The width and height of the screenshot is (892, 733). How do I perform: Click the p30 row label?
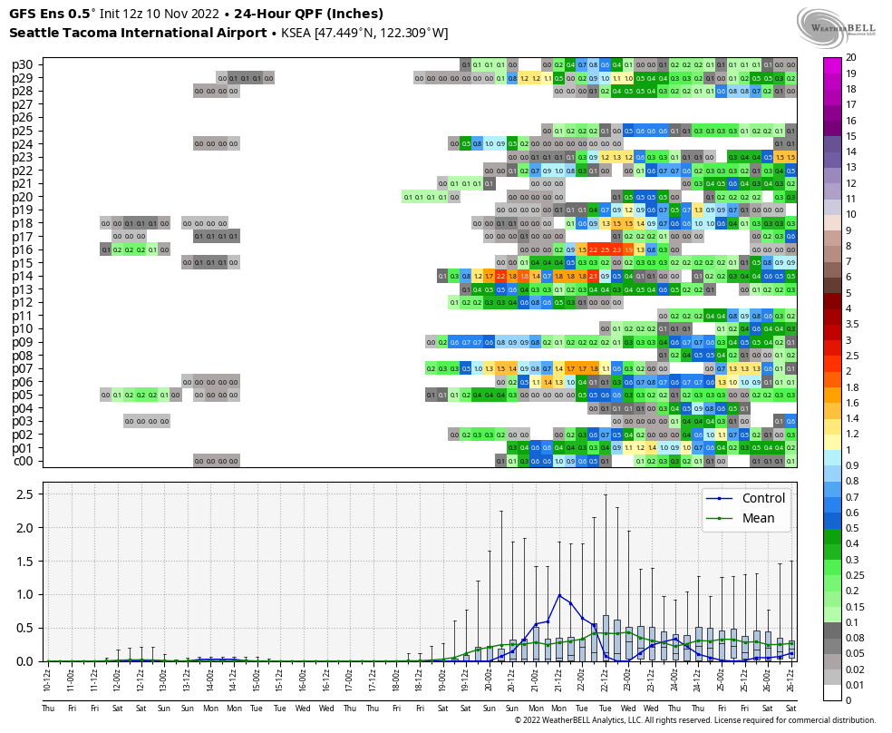click(x=23, y=64)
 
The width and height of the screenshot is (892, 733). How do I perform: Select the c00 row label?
click(x=23, y=461)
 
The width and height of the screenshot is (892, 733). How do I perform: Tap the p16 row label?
click(x=23, y=249)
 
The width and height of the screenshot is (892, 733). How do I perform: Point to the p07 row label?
click(x=23, y=368)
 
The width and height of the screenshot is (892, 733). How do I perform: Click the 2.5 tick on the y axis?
click(x=25, y=494)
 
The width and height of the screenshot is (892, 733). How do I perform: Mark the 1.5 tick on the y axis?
click(x=25, y=562)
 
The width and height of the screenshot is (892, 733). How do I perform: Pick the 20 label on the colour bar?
click(x=851, y=57)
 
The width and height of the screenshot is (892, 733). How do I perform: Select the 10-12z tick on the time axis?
click(x=48, y=677)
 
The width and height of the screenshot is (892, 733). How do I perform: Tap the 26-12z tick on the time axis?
click(x=791, y=677)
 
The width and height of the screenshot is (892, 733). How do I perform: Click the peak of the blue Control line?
click(x=559, y=595)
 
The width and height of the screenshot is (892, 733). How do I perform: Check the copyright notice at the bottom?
click(x=695, y=720)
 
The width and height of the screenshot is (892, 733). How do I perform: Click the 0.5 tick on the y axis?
click(x=25, y=628)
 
